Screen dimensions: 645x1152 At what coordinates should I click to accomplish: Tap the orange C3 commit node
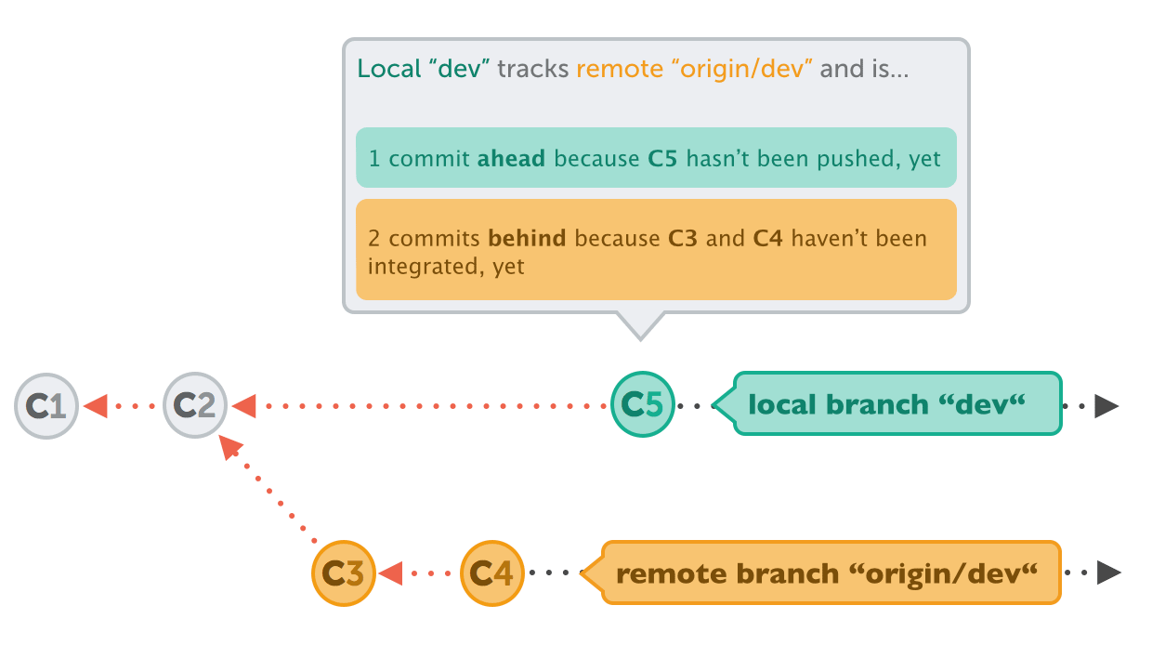click(344, 573)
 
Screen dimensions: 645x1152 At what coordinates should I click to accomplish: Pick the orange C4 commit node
click(492, 573)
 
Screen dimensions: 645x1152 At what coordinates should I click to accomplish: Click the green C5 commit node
click(643, 404)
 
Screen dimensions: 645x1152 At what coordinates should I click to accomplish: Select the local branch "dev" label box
click(897, 404)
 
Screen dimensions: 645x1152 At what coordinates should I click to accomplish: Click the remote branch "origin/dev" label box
click(830, 573)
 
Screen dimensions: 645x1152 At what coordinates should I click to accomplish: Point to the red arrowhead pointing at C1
click(96, 406)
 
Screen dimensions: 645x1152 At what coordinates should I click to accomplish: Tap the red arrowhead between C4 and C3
click(390, 573)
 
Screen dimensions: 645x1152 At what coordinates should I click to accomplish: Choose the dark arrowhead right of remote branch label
click(1107, 573)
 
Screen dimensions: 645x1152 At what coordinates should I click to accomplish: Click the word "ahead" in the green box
click(511, 159)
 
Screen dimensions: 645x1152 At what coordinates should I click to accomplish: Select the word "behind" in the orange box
click(527, 239)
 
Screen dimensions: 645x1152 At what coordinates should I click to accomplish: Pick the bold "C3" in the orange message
click(684, 239)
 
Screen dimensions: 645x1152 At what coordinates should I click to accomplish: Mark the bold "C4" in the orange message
click(766, 239)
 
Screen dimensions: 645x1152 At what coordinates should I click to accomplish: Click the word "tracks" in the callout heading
click(532, 69)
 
